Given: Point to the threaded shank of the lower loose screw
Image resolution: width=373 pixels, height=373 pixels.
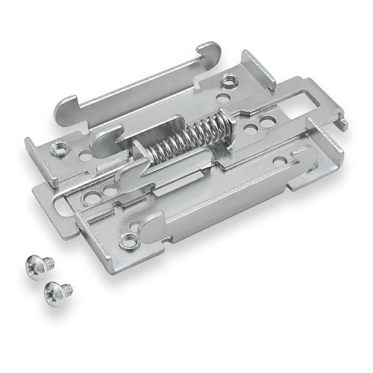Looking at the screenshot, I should [67, 286].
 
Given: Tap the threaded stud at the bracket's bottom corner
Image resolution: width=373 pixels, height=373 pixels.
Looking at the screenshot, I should [129, 241].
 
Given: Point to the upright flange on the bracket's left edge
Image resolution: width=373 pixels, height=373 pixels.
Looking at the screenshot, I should [34, 153].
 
